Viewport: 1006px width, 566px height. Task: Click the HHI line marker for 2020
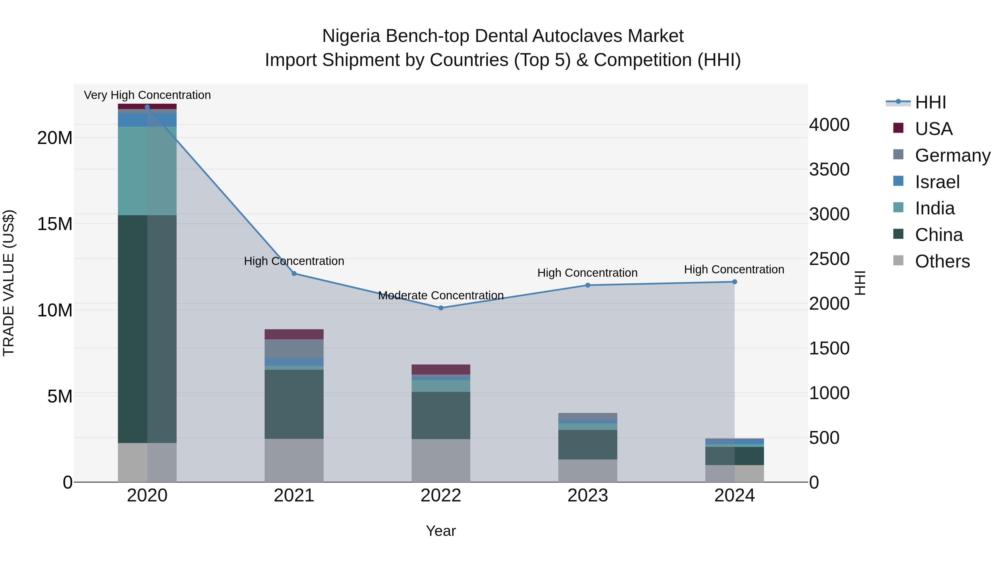point(147,107)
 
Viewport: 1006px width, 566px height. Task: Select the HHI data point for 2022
point(441,308)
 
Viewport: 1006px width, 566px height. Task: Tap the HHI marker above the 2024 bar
point(735,282)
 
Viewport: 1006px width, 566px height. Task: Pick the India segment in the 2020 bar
point(147,171)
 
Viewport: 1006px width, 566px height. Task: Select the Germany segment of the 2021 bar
point(294,349)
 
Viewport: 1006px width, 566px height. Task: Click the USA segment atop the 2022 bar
point(441,370)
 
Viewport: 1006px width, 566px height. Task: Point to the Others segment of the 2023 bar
point(588,470)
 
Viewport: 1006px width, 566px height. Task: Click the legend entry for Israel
point(937,182)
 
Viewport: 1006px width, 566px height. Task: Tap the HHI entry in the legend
point(930,102)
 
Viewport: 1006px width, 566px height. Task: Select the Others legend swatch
point(898,260)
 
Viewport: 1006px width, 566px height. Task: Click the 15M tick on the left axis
point(55,224)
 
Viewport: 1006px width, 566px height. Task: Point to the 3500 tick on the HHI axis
point(829,170)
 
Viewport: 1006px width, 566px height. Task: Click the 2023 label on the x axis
point(588,496)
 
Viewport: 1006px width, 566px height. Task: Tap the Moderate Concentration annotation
point(441,295)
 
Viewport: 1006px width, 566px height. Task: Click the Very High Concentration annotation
point(147,95)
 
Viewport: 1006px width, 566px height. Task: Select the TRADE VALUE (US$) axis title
point(9,283)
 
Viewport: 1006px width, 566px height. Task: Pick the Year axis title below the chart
point(441,531)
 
